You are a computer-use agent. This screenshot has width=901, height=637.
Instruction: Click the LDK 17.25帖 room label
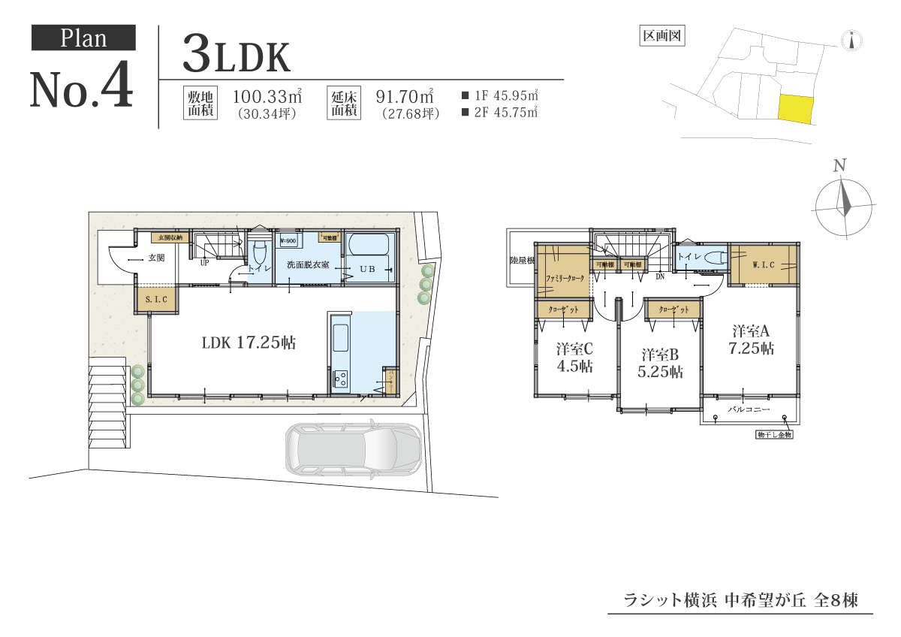(x=249, y=343)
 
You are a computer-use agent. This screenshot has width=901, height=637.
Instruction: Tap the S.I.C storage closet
(x=157, y=300)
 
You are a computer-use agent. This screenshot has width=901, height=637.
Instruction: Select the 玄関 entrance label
(x=155, y=258)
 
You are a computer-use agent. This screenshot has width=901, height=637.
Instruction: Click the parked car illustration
(x=351, y=452)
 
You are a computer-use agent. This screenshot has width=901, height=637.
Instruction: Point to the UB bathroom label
(x=366, y=268)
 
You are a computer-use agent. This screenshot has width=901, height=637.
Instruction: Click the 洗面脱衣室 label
(x=307, y=265)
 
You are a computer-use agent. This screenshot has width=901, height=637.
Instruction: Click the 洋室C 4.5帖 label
(x=575, y=358)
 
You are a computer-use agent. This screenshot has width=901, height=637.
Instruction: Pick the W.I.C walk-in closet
(x=763, y=265)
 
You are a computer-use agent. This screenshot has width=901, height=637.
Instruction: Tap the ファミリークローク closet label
(x=565, y=278)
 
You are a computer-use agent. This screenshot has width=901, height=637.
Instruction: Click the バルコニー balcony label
(x=743, y=410)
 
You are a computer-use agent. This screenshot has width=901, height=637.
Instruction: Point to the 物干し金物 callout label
(x=773, y=435)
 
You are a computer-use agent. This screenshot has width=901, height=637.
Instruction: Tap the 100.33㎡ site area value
(x=267, y=96)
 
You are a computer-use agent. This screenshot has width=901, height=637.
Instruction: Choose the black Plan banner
(x=83, y=38)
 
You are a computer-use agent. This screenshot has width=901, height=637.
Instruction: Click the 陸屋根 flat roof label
(x=521, y=261)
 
